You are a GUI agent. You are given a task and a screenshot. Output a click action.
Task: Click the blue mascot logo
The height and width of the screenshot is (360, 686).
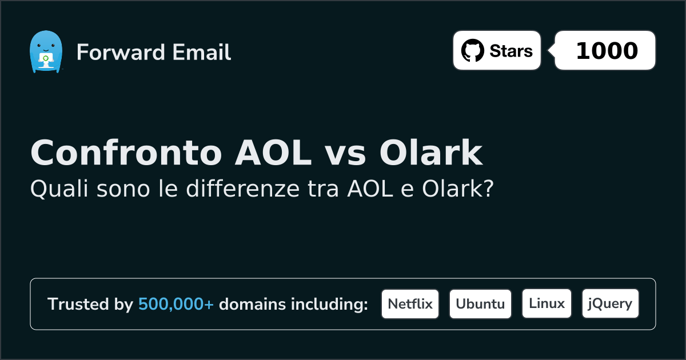coord(46,52)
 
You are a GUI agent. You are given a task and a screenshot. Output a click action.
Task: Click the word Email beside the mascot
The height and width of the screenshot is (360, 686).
coord(201,52)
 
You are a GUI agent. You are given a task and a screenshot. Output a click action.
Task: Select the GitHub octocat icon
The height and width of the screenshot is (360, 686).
coord(473,50)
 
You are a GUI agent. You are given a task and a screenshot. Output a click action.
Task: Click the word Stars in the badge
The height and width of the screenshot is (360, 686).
coord(511,51)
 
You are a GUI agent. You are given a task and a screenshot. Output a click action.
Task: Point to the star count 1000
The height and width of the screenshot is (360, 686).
coord(607,50)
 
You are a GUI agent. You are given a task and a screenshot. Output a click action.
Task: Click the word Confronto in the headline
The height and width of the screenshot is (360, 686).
coord(126,153)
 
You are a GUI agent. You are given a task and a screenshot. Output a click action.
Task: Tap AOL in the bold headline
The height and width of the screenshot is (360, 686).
coord(273,153)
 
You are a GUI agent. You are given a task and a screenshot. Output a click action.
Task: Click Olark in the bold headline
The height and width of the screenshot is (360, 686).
coord(431,153)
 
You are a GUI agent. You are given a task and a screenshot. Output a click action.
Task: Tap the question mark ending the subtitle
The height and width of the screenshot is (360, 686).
coord(489,188)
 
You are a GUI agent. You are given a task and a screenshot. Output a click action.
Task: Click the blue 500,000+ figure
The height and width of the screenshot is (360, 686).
coord(176,304)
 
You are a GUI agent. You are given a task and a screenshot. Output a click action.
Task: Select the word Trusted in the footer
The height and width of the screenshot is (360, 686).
coord(78,304)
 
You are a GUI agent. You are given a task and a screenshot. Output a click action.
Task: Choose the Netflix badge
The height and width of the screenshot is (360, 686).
coord(410,304)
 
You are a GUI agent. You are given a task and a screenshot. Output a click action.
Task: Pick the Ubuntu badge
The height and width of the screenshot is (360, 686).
coord(480,304)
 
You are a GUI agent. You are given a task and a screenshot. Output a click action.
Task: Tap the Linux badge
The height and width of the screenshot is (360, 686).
coord(547,303)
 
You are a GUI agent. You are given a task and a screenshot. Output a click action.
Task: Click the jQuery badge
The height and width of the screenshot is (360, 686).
coord(611,303)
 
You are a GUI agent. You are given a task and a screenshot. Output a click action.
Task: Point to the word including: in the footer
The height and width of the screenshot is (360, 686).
coord(329,304)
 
